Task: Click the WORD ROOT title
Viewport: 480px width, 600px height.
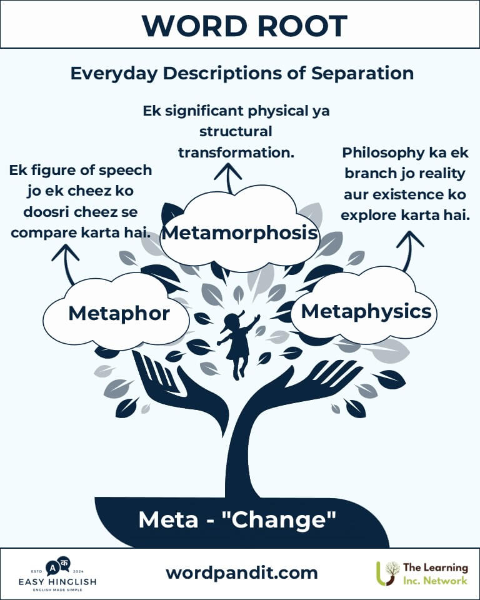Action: (x=244, y=26)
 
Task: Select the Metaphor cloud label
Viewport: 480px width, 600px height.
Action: (x=119, y=314)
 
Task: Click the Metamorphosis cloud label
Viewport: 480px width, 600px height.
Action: (x=240, y=232)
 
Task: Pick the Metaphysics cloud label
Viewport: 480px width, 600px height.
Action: (x=366, y=311)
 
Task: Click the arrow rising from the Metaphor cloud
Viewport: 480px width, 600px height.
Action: (x=66, y=264)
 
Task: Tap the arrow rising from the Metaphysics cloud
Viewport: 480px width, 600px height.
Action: (x=409, y=251)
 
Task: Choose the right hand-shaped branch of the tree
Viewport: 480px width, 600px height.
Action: (x=302, y=386)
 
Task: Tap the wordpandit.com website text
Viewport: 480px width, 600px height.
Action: (x=242, y=573)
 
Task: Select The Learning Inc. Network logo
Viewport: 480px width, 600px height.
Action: (x=422, y=574)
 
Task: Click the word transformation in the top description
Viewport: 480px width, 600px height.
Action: (x=236, y=152)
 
